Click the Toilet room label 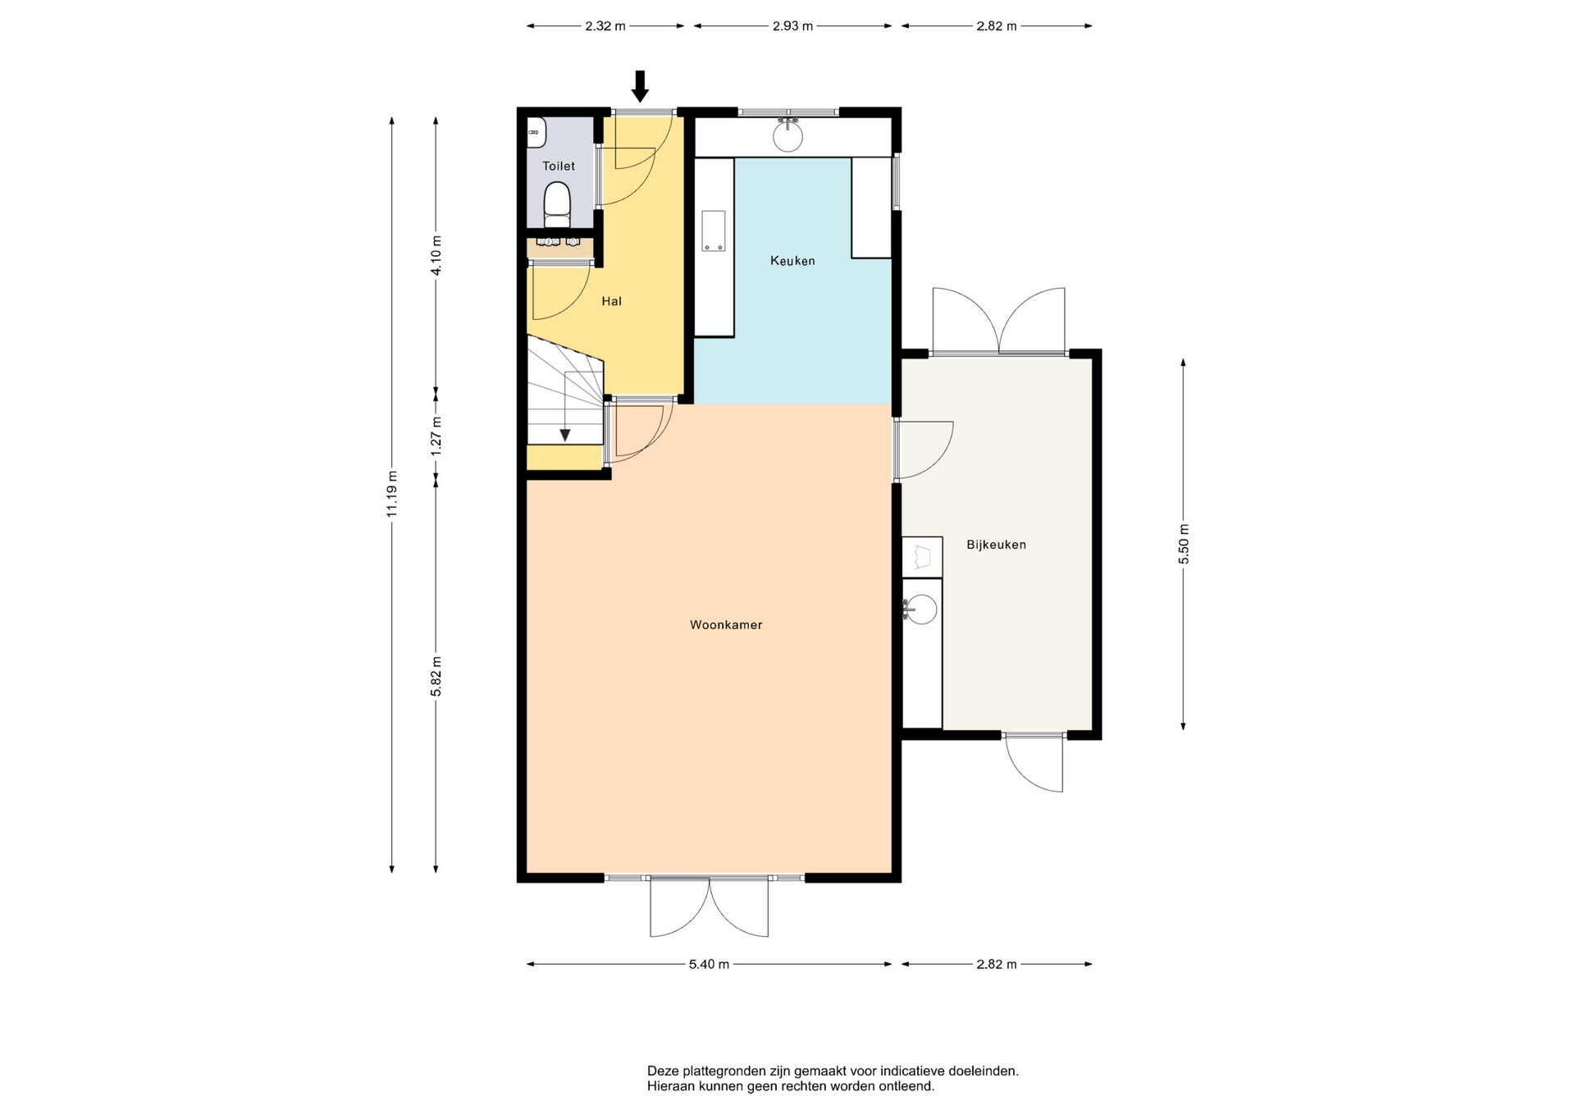coord(559,166)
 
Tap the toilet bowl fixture coord(558,204)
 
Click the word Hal coord(611,301)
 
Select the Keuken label coord(792,261)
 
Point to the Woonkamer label coord(726,625)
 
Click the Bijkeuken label coord(996,545)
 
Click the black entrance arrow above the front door coord(640,86)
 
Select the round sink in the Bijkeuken coord(923,610)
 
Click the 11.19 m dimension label coord(392,494)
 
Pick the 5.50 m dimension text coord(1183,544)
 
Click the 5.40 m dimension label coord(709,965)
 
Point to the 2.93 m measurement coord(792,26)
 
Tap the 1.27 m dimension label coord(436,436)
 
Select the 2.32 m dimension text coord(605,26)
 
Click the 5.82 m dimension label coord(436,677)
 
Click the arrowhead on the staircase coord(564,435)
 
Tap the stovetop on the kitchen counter coord(713,231)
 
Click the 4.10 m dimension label coord(436,256)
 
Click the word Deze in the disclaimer coord(663,1071)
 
